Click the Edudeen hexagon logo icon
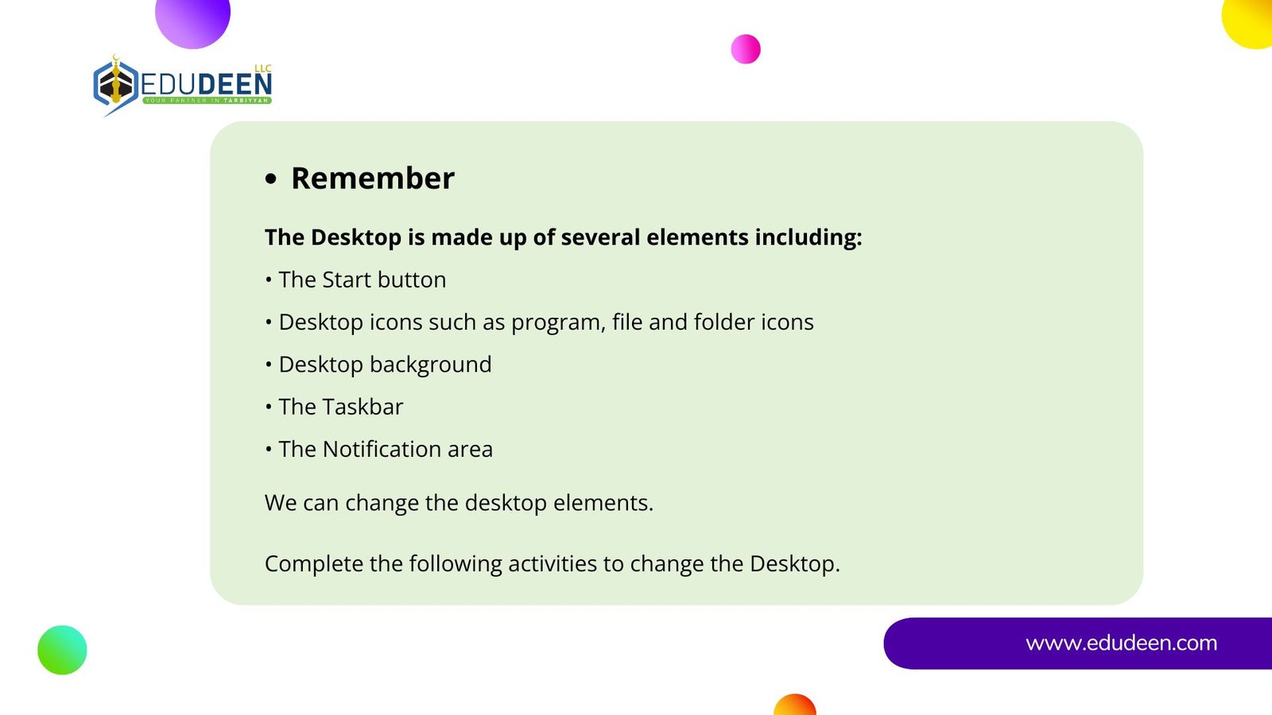click(116, 85)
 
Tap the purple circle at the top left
click(192, 21)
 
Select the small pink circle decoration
click(746, 48)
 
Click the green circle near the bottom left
click(63, 650)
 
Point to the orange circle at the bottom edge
click(794, 705)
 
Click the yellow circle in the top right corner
click(1248, 23)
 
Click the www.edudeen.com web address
click(1121, 643)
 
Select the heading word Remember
click(373, 178)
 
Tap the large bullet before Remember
click(271, 180)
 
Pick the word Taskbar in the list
click(363, 407)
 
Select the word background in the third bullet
click(430, 365)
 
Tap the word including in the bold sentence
click(808, 238)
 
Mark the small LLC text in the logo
click(263, 68)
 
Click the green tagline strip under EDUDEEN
click(207, 100)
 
